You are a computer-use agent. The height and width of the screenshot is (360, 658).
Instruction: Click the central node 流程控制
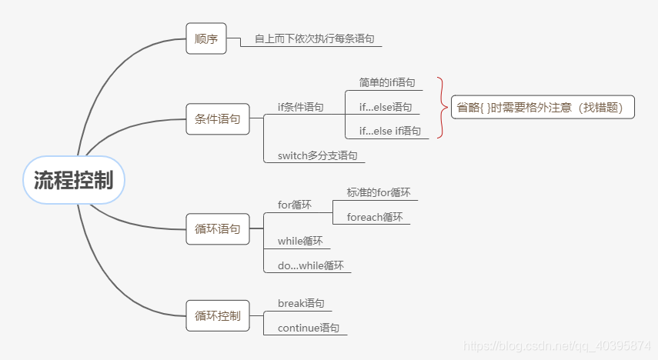73,181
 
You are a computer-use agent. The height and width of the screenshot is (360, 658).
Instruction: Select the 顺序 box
206,38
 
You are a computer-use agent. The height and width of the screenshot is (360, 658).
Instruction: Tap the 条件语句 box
218,119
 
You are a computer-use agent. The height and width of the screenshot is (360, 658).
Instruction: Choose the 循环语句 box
218,228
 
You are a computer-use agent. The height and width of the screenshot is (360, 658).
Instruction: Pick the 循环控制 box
218,315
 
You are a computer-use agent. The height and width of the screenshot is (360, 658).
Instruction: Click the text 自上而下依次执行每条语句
315,38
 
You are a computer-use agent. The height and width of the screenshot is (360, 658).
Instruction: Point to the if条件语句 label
300,108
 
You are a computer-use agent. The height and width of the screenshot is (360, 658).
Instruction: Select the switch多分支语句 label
317,155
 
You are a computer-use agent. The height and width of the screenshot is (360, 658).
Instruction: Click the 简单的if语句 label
387,82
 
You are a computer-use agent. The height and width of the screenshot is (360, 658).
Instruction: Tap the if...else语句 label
385,108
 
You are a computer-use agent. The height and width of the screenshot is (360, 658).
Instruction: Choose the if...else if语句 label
390,131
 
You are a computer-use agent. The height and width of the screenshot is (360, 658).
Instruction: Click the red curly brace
442,108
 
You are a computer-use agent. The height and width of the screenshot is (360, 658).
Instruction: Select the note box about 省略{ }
543,108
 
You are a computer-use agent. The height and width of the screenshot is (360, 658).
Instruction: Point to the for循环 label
295,205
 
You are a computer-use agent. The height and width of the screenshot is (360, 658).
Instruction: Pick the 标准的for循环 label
379,192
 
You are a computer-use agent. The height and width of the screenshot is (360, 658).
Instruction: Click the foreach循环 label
375,217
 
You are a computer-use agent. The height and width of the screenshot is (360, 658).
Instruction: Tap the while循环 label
300,241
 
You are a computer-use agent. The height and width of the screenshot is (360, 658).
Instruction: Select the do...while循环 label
311,265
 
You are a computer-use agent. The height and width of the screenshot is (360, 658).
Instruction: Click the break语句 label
301,303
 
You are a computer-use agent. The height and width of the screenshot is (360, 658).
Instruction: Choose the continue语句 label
309,327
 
